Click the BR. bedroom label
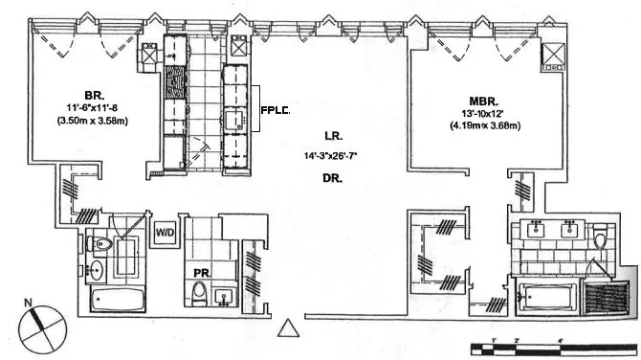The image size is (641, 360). point(94,96)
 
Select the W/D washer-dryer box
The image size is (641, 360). point(165,232)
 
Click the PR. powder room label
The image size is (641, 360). point(201,273)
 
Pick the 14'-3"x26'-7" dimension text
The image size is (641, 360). point(333,156)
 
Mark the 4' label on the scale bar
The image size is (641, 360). point(560,340)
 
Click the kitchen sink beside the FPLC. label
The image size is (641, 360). point(235,119)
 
